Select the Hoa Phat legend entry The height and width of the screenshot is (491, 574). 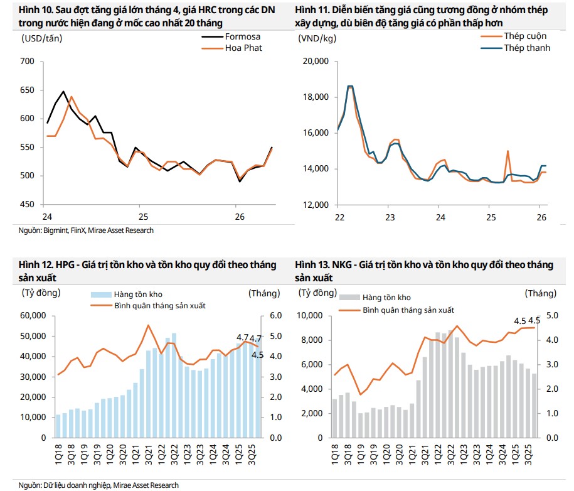[x=243, y=48]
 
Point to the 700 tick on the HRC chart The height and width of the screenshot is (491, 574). [x=27, y=62]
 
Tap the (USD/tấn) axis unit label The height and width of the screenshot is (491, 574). [x=41, y=38]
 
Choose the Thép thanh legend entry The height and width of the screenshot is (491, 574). [x=527, y=48]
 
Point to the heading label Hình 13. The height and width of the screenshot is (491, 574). [x=311, y=265]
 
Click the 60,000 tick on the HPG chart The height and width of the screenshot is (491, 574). [x=33, y=316]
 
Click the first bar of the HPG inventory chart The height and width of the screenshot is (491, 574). [x=58, y=426]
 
